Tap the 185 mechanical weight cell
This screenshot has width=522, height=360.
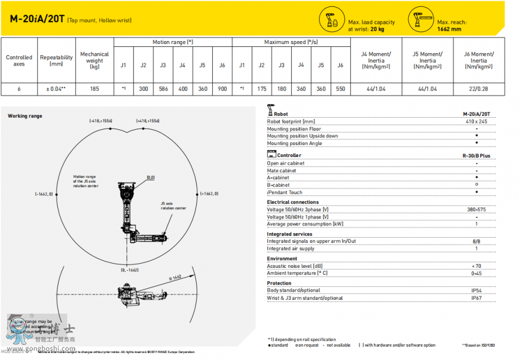95,89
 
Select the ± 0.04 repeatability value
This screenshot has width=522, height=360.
56,89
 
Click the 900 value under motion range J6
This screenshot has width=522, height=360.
222,89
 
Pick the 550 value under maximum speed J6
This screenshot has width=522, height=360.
340,89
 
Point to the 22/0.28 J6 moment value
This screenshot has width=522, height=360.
478,89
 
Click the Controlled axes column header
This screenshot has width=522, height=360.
19,60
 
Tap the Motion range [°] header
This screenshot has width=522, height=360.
173,42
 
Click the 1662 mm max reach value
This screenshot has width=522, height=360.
449,28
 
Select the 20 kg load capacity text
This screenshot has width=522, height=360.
378,28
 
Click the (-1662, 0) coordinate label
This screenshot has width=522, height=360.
44,194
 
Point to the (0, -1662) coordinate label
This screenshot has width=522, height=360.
130,270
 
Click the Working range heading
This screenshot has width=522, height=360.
25,116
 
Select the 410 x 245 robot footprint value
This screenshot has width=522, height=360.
477,122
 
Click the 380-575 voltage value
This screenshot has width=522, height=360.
477,209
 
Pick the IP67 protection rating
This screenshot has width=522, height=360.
477,298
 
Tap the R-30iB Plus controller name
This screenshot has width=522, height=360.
477,155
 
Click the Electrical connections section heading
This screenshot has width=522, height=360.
293,202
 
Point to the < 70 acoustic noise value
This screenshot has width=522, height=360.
477,266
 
